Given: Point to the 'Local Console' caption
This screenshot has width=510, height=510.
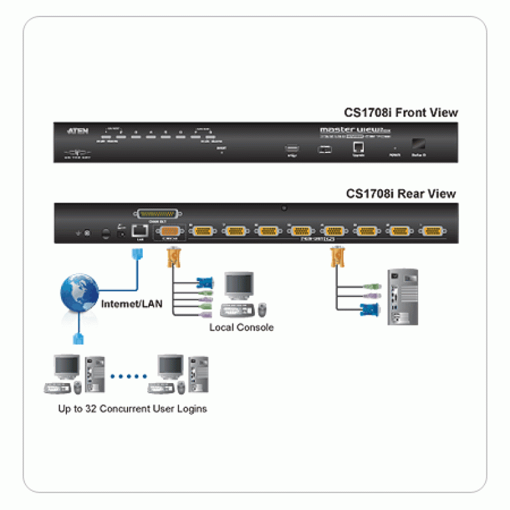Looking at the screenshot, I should [x=242, y=327].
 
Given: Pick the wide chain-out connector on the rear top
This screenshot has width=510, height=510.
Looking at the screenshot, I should [x=156, y=214].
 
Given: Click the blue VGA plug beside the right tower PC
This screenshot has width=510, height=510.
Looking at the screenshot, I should [x=368, y=310].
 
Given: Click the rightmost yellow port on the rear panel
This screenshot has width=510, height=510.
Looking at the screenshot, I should [x=434, y=231].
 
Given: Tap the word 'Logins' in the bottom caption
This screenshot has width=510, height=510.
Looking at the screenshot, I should [x=192, y=409].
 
